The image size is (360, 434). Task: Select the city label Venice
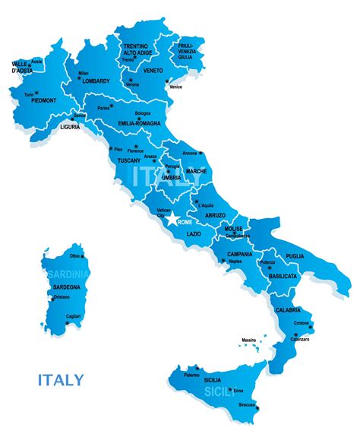coord(175,87)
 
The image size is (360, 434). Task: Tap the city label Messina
coord(248,339)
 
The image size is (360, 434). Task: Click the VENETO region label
coord(153,71)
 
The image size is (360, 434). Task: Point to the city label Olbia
coord(74,256)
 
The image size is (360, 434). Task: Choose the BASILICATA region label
coord(281,277)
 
